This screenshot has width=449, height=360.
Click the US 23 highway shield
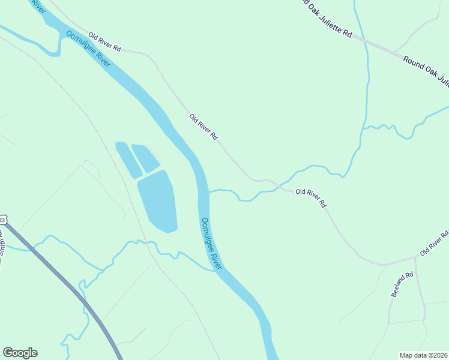(x=2, y=218)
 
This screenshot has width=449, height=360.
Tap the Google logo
(x=20, y=353)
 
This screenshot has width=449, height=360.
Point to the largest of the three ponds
(x=158, y=200)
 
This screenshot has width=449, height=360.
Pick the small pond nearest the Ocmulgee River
(x=145, y=157)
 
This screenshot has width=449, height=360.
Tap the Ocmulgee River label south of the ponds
(x=211, y=242)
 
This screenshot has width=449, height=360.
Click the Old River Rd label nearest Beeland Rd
(x=434, y=242)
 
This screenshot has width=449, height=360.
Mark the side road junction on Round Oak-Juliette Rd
(x=394, y=52)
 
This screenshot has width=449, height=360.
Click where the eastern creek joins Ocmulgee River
(x=208, y=192)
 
